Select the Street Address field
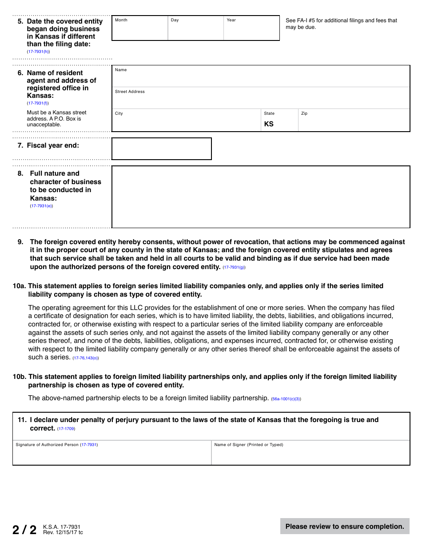(261, 99)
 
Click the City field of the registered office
(187, 121)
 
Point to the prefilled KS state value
(269, 124)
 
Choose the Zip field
(354, 121)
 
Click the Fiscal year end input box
(161, 149)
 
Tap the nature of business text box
(261, 197)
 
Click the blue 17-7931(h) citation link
(38, 52)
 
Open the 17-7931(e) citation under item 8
(41, 206)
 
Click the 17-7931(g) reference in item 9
(234, 267)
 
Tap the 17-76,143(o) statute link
(86, 358)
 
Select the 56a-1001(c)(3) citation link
(286, 399)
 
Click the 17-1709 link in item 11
(66, 429)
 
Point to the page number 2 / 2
(24, 530)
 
